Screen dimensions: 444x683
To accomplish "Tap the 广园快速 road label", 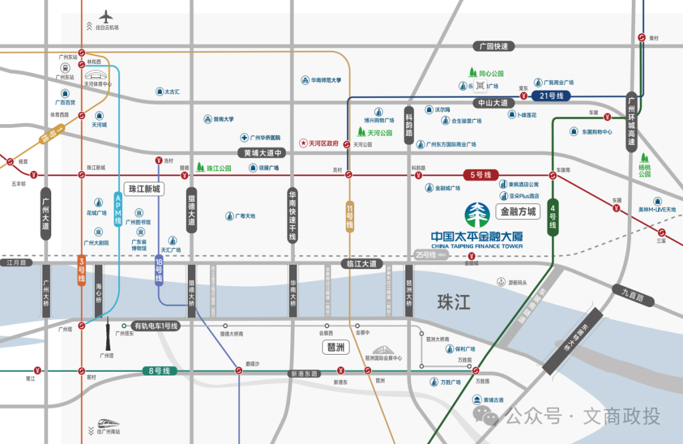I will click(x=494, y=46).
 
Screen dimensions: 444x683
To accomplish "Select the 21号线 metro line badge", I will click(x=551, y=96).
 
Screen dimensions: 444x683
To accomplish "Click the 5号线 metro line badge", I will click(x=481, y=175).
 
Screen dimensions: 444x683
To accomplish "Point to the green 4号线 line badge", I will click(x=553, y=217).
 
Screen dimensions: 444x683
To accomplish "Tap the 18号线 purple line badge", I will click(x=159, y=270).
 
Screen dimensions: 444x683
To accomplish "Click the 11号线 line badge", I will click(x=349, y=216).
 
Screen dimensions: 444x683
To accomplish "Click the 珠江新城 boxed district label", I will click(x=145, y=189).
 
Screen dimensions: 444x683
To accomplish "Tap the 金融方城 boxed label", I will click(x=518, y=212).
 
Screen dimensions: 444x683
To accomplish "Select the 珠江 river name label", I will click(x=453, y=302).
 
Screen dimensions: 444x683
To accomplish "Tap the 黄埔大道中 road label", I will click(x=262, y=153).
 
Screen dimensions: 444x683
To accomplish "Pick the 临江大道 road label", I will click(x=362, y=263).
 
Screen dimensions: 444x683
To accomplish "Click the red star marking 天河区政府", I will click(x=303, y=144).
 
